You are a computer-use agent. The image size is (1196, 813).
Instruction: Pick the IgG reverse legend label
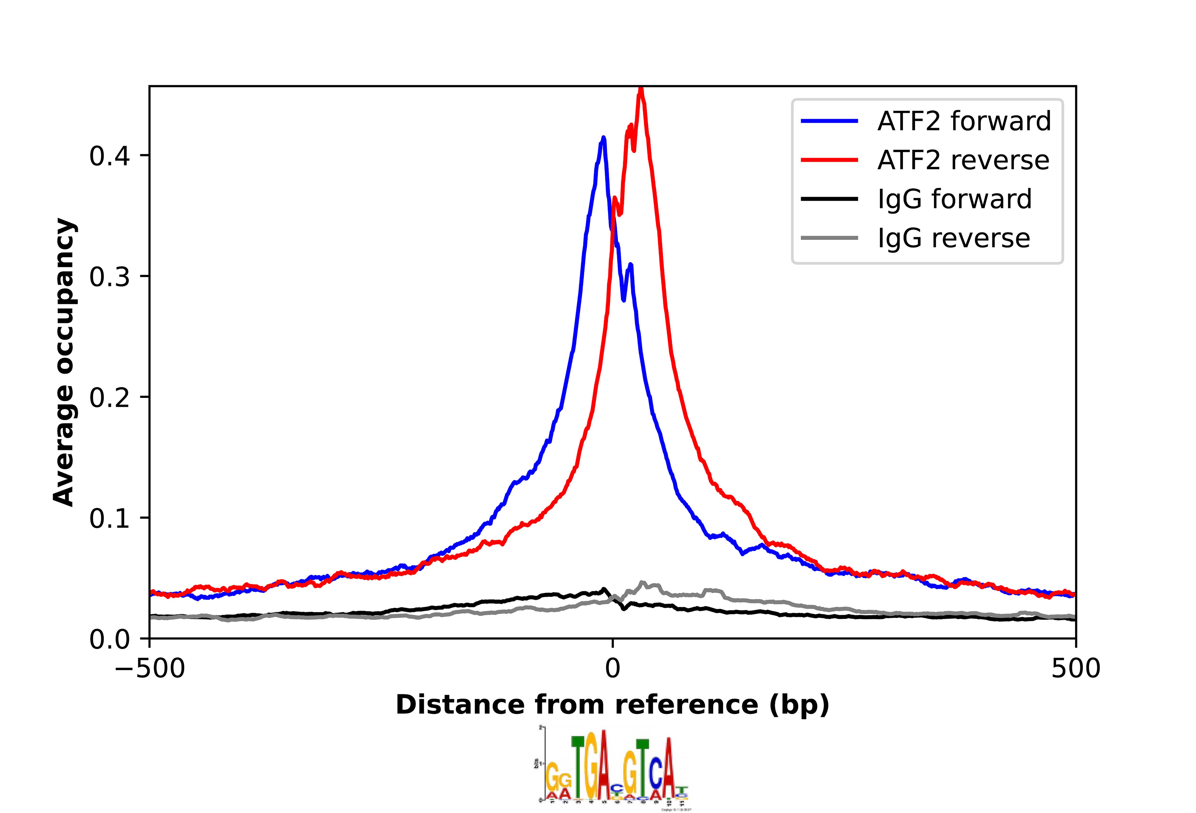[954, 238]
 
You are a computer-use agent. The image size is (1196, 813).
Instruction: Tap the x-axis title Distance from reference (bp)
[612, 705]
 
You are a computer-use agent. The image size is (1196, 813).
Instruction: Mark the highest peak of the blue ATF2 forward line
[603, 138]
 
